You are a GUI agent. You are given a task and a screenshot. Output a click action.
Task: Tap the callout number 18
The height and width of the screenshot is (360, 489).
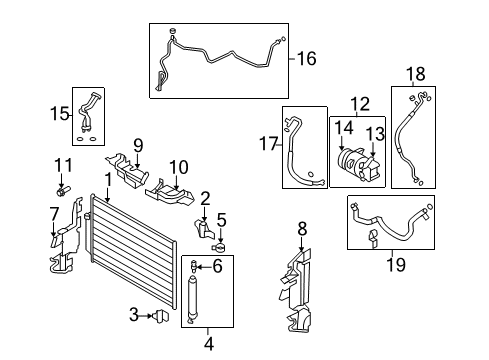point(415,73)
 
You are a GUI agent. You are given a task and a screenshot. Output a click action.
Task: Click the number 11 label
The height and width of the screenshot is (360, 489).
point(64,164)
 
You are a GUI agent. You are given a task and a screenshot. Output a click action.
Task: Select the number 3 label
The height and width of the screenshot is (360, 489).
point(134,317)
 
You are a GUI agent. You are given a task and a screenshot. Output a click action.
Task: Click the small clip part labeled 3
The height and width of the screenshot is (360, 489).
point(157,317)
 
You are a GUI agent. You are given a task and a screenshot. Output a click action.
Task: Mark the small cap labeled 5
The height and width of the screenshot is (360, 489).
point(219,248)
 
